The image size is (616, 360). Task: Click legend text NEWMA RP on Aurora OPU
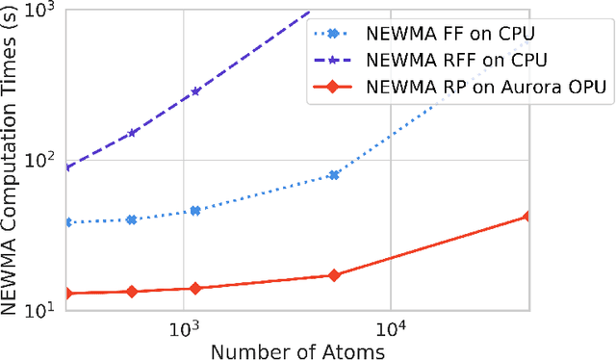click(x=485, y=87)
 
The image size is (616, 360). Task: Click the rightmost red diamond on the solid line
click(x=526, y=217)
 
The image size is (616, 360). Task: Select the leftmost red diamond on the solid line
click(x=65, y=293)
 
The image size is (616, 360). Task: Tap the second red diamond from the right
click(x=334, y=275)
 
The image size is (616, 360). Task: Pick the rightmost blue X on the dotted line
click(x=334, y=175)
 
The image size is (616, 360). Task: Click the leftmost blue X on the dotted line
click(x=65, y=222)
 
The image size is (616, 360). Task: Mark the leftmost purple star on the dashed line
click(x=65, y=167)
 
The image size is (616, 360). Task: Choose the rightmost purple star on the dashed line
click(x=195, y=91)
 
